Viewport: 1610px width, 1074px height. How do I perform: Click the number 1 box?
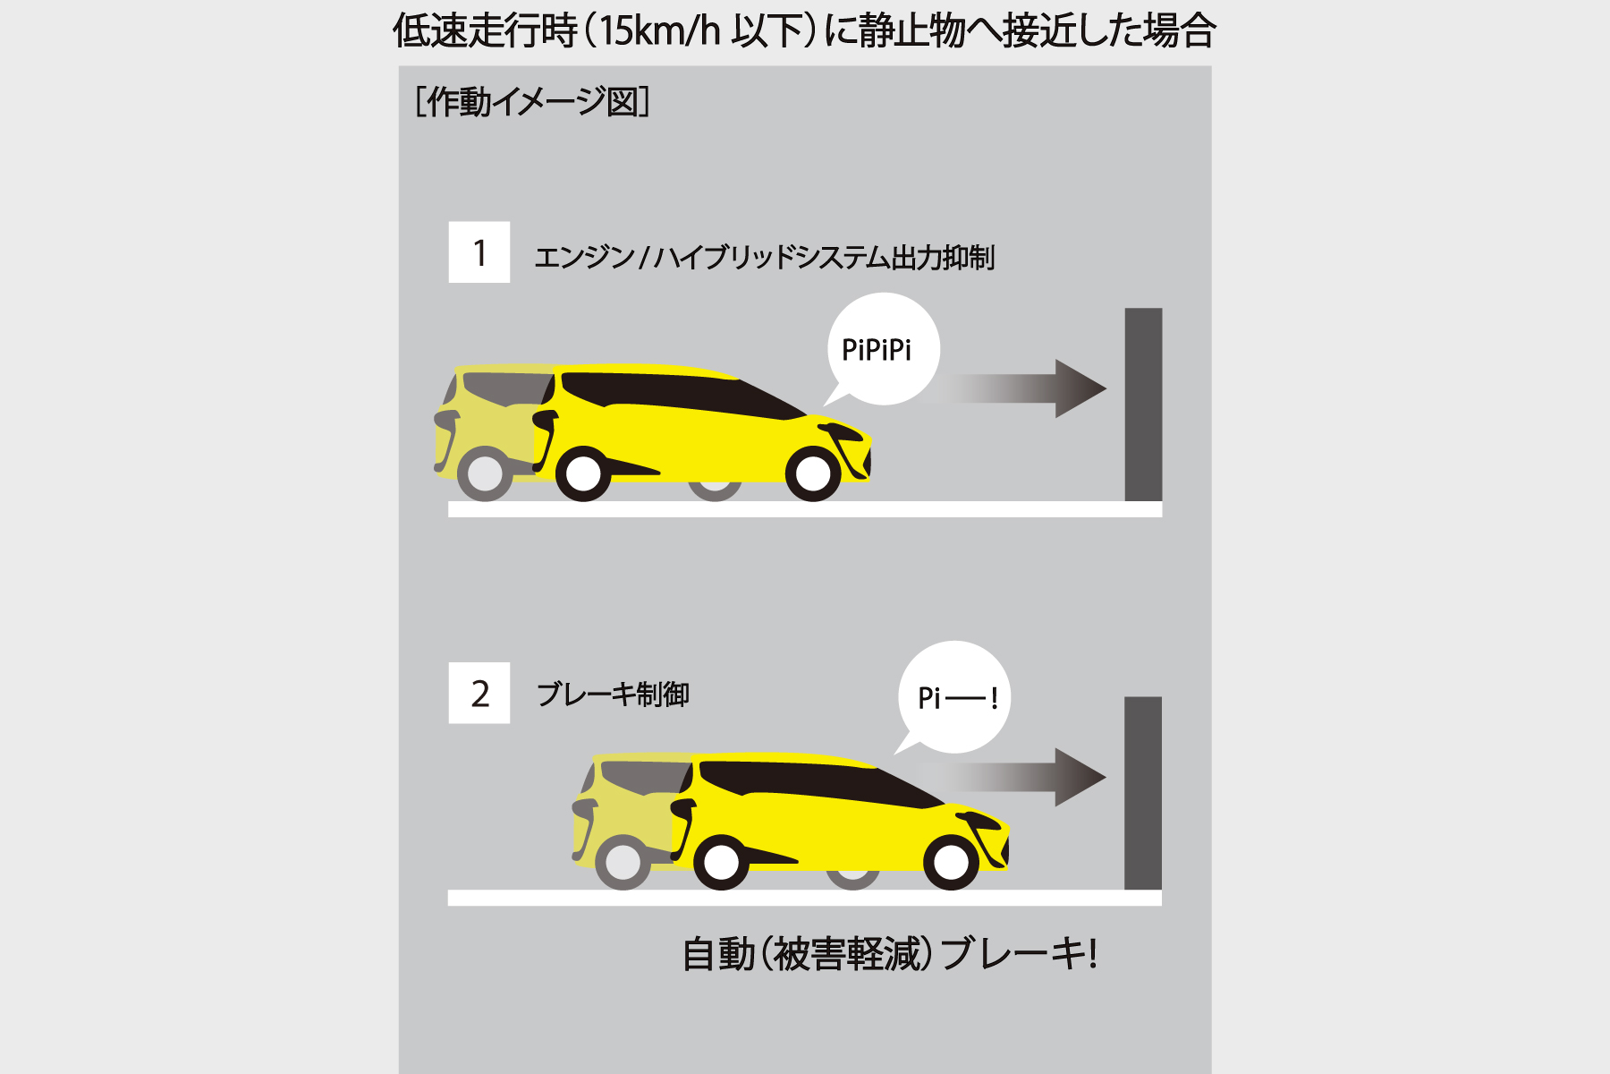(479, 252)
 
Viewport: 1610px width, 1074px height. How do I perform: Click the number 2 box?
(479, 693)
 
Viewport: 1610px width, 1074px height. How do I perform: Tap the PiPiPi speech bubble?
(880, 350)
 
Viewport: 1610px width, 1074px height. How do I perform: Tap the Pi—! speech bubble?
(955, 697)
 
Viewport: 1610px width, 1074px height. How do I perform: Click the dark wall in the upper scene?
(1143, 405)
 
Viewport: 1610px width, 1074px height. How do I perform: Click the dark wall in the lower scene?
(1142, 793)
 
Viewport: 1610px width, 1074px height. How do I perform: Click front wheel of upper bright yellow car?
(813, 473)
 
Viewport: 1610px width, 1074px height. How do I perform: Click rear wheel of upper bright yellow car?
(583, 473)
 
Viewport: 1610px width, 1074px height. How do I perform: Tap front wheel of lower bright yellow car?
(951, 861)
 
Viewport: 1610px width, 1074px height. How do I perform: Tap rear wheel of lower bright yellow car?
(721, 861)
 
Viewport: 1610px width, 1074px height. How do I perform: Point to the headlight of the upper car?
(845, 434)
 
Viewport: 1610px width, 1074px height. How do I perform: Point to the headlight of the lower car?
(983, 821)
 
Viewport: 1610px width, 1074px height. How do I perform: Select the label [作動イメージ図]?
(533, 102)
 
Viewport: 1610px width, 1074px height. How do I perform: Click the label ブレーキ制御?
(613, 695)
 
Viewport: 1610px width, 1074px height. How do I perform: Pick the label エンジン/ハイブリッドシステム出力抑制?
(764, 258)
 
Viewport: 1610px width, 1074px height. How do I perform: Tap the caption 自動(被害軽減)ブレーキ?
(889, 954)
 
